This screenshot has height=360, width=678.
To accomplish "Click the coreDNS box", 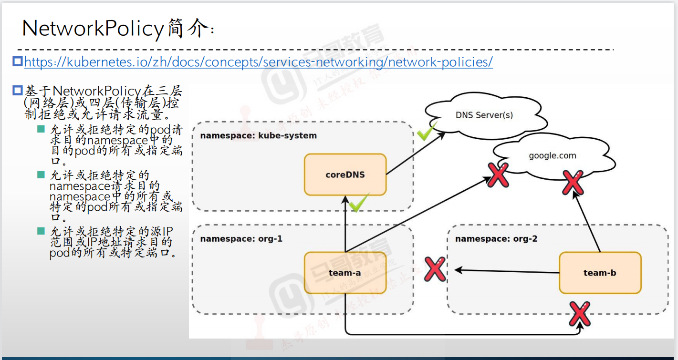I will (345, 175).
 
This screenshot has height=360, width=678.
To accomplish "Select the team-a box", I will (345, 273).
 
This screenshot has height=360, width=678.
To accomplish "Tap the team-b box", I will (600, 273).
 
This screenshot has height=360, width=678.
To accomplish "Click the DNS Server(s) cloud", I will (484, 115).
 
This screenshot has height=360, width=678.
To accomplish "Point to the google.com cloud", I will (552, 156).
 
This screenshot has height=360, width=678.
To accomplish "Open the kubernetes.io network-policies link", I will (258, 62).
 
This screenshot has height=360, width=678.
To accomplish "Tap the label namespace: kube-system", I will (258, 135).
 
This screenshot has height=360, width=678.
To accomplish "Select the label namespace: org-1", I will (241, 238).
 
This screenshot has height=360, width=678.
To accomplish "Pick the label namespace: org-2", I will (496, 238).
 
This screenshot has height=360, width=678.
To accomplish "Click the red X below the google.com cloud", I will (573, 182).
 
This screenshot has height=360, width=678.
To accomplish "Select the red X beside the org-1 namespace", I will (435, 269).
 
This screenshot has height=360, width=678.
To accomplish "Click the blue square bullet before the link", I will (18, 62).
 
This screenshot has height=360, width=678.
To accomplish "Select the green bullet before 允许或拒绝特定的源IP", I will (42, 231).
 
